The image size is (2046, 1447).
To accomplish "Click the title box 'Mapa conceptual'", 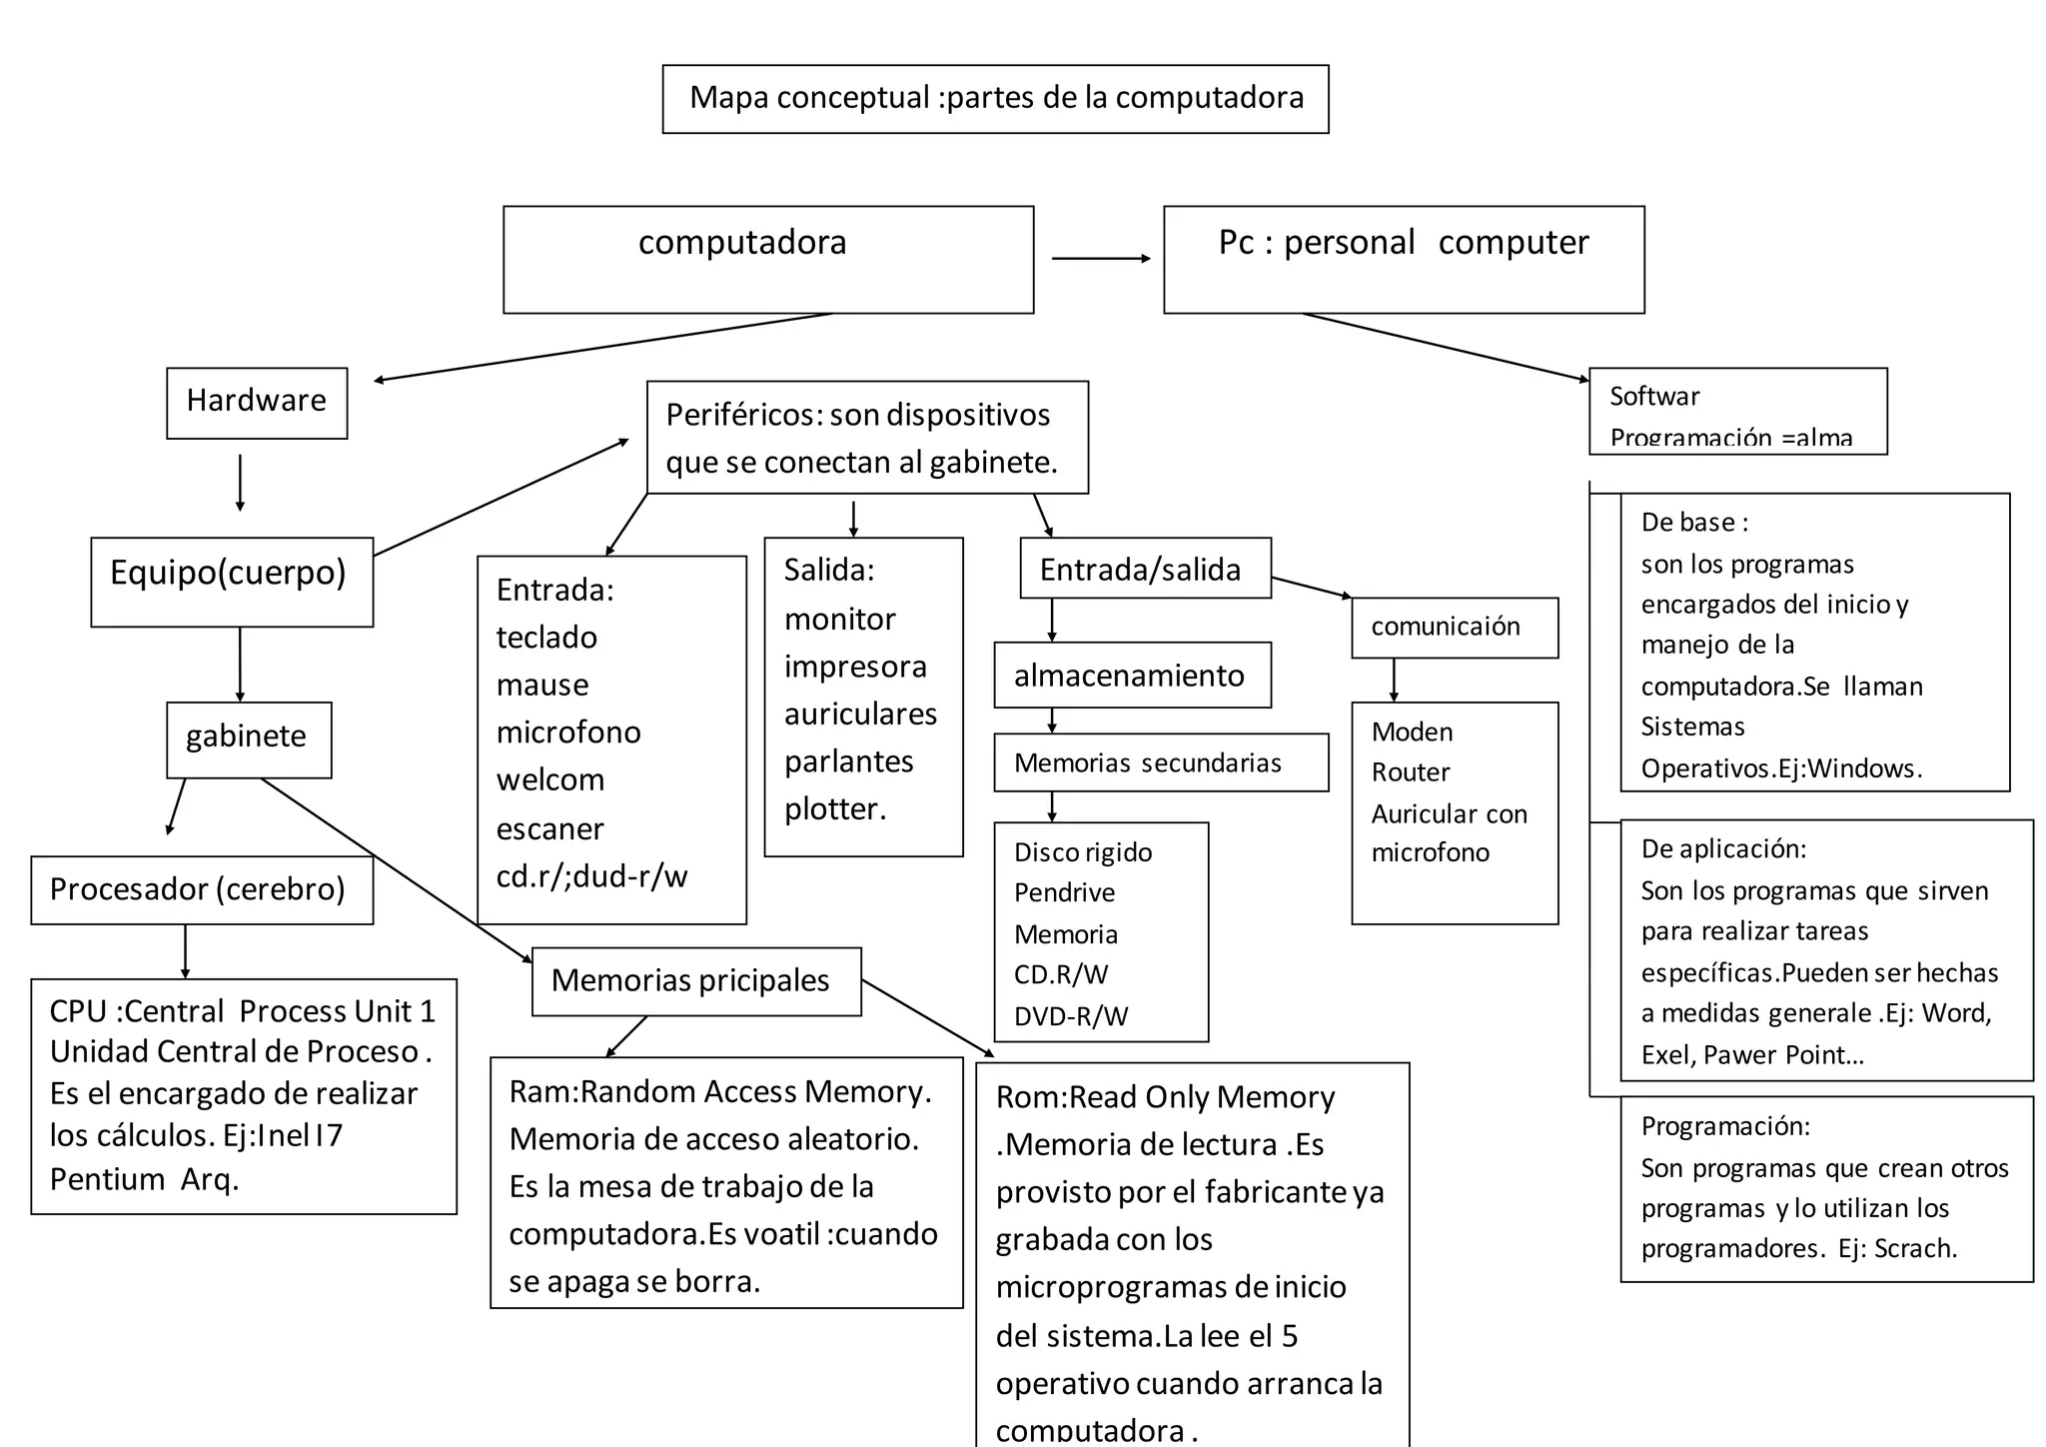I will [995, 98].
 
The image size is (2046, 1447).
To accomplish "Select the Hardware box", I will [257, 402].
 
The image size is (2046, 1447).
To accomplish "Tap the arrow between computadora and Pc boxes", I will [1100, 259].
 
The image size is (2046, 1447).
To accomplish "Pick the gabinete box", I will [248, 738].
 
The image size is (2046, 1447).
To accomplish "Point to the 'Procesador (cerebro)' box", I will [201, 889].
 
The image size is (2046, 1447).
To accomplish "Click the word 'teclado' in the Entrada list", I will [546, 638].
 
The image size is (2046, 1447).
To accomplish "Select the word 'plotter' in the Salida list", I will [832, 809].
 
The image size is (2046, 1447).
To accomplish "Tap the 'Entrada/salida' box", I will [1144, 569].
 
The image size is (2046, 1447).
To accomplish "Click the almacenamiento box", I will [1131, 676].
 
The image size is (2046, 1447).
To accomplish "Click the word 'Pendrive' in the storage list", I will [1064, 892].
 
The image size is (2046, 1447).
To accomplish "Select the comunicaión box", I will [1453, 628].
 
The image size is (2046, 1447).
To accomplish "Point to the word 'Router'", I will [1410, 772].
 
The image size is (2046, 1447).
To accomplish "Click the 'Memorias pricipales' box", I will [695, 981].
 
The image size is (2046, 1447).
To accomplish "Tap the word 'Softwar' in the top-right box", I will [1653, 397].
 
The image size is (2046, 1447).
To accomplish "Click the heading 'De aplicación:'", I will [1723, 849].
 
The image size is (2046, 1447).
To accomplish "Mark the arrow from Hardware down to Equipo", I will [240, 483].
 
